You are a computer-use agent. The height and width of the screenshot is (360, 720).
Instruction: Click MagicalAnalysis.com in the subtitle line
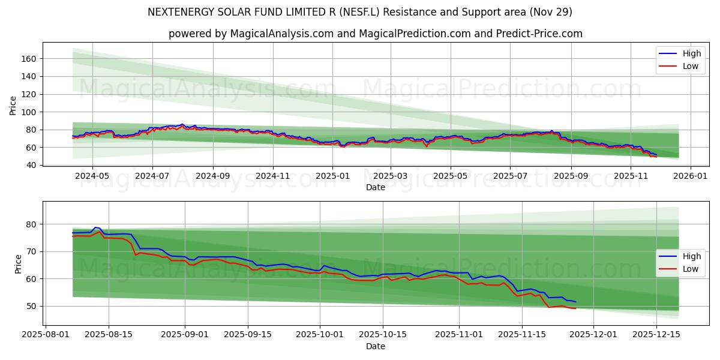(281, 34)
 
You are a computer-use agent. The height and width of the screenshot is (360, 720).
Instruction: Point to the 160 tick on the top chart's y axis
(29, 59)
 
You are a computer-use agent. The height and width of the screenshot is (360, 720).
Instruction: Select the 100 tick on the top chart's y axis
(29, 112)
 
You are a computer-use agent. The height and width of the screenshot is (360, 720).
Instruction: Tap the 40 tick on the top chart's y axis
(32, 165)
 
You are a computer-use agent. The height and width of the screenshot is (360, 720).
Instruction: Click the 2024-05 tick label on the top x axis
(92, 176)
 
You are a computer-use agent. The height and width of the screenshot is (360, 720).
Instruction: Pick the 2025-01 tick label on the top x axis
(332, 176)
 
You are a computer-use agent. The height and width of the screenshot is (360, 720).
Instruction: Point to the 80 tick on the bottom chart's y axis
(32, 224)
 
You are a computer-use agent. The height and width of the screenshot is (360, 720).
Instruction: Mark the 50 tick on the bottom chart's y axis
(32, 306)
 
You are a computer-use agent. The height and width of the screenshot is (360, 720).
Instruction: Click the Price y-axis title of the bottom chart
(17, 263)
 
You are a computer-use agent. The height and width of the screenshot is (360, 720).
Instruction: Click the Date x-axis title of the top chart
(375, 187)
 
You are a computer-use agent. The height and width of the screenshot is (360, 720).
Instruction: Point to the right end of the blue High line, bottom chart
(575, 302)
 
